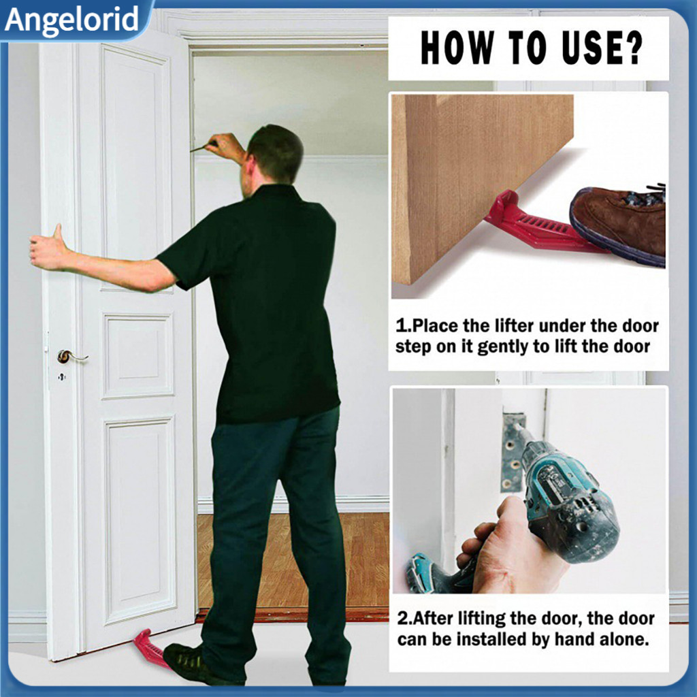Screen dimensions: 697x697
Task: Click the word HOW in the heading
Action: (452, 48)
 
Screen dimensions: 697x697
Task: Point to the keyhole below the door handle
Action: (61, 376)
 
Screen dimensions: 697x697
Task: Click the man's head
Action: (272, 155)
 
